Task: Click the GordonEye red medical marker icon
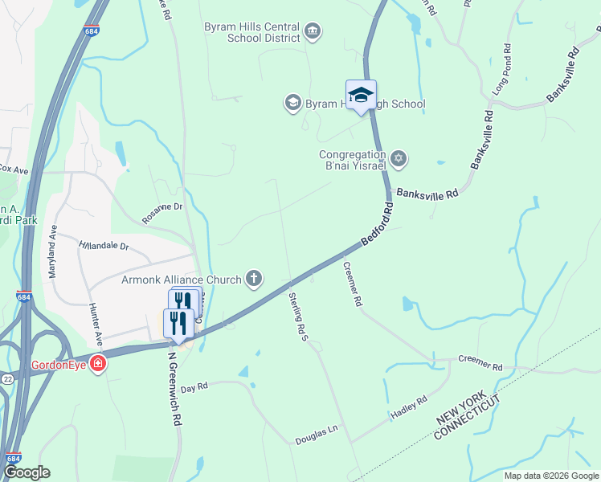(98, 365)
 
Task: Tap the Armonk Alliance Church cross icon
(254, 279)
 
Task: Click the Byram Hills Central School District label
(253, 31)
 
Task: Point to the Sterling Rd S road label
(299, 316)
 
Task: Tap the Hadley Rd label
(409, 408)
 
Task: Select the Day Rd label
(194, 387)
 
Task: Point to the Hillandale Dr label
(104, 245)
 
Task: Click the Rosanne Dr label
(163, 212)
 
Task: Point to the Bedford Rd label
(377, 224)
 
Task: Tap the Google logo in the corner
(27, 472)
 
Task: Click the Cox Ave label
(14, 170)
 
